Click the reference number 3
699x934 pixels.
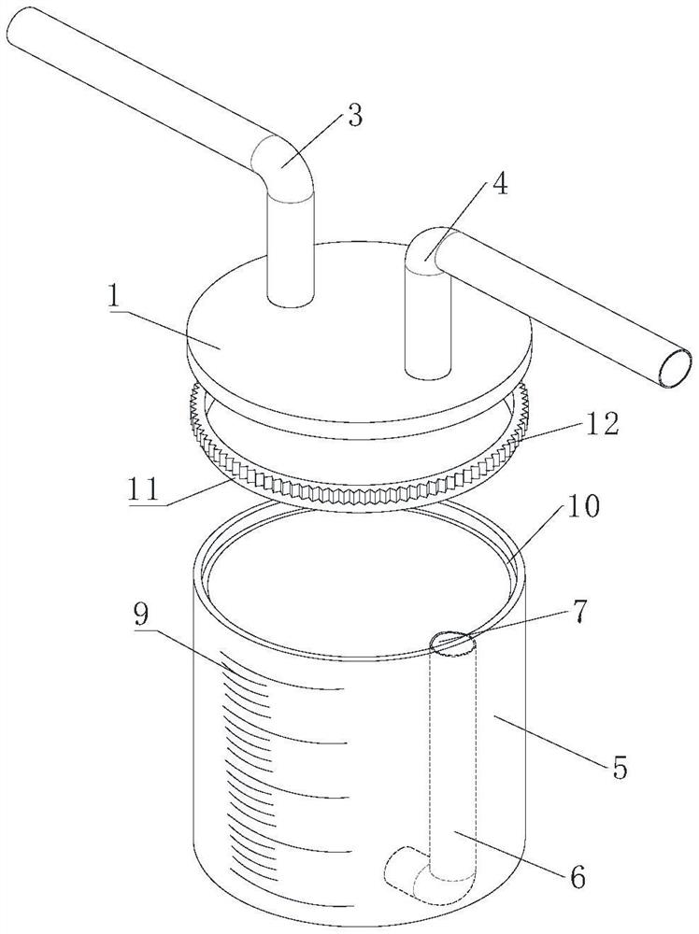[354, 116]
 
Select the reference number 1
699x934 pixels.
[113, 298]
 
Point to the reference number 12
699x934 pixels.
[603, 425]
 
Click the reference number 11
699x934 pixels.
[142, 488]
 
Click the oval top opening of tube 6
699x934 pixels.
[453, 644]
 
